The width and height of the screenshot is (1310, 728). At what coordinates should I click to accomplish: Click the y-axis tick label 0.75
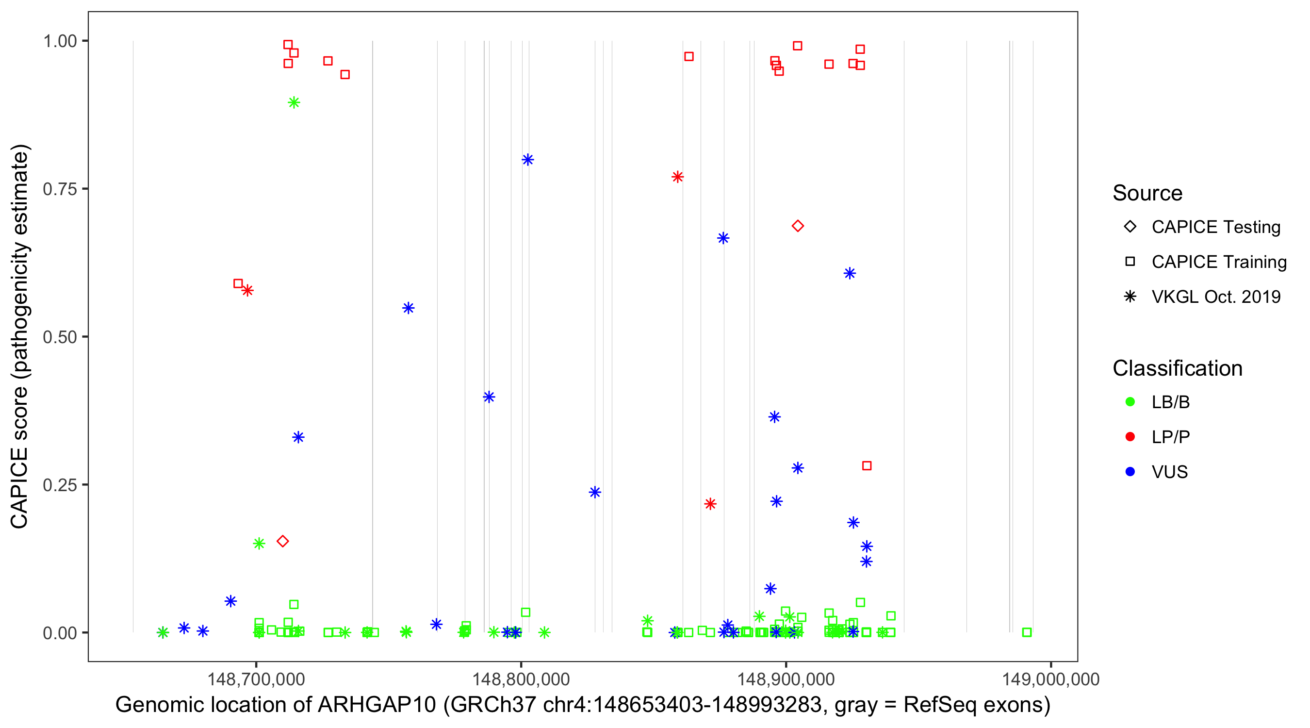[59, 189]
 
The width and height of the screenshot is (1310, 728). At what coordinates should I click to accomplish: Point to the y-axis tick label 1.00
[59, 41]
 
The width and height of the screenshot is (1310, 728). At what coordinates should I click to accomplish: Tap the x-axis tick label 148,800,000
[521, 679]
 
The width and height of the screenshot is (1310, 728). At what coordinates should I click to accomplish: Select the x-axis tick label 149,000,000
[1050, 679]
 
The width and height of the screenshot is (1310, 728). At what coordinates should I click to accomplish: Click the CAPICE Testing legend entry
[1215, 227]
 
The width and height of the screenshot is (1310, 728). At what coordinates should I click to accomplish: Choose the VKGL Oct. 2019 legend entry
[1215, 297]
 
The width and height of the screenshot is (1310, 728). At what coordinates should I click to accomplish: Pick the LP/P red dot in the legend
[1130, 437]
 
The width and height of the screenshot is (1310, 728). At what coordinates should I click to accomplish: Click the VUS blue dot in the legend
[1130, 472]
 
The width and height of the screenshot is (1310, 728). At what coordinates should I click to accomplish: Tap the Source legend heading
[1147, 193]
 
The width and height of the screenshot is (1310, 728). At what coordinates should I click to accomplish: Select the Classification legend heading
[1177, 368]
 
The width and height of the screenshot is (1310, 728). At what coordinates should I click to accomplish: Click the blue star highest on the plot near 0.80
[527, 160]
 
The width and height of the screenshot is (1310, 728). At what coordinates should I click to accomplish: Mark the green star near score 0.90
[294, 103]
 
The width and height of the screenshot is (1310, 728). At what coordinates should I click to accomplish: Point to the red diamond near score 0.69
[797, 226]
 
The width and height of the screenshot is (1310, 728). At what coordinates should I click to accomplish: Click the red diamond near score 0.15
[283, 541]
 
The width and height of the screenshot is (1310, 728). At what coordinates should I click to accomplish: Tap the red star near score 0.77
[677, 177]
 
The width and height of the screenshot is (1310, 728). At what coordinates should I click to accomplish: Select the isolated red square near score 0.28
[867, 466]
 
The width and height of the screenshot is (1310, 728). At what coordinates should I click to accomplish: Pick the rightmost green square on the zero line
[1027, 632]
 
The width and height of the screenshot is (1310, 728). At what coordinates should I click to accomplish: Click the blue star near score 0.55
[409, 308]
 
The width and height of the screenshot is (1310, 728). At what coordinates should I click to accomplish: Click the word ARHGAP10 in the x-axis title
[377, 705]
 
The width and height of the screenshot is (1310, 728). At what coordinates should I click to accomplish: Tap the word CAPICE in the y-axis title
[19, 488]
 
